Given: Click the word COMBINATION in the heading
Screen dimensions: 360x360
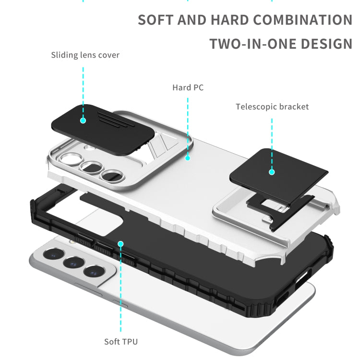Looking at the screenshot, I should tap(302, 20).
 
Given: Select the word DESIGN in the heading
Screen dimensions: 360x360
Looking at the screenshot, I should tap(326, 44).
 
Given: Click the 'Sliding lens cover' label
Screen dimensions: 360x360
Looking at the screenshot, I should tap(85, 55).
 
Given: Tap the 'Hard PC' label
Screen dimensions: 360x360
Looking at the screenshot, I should tap(188, 87).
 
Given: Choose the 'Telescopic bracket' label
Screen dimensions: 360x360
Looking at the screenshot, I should tap(272, 107).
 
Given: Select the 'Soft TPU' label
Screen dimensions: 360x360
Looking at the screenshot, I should tap(121, 342).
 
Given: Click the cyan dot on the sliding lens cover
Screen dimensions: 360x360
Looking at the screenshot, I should tap(83, 120).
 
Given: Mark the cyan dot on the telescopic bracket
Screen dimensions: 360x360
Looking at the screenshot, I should tap(272, 171).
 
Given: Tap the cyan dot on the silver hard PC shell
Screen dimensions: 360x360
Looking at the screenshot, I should tap(188, 157).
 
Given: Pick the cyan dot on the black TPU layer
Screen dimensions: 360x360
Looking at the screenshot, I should tap(121, 244).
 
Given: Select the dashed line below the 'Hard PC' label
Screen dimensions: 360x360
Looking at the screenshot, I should tap(188, 125).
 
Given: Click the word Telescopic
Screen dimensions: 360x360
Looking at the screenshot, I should tap(254, 107).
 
